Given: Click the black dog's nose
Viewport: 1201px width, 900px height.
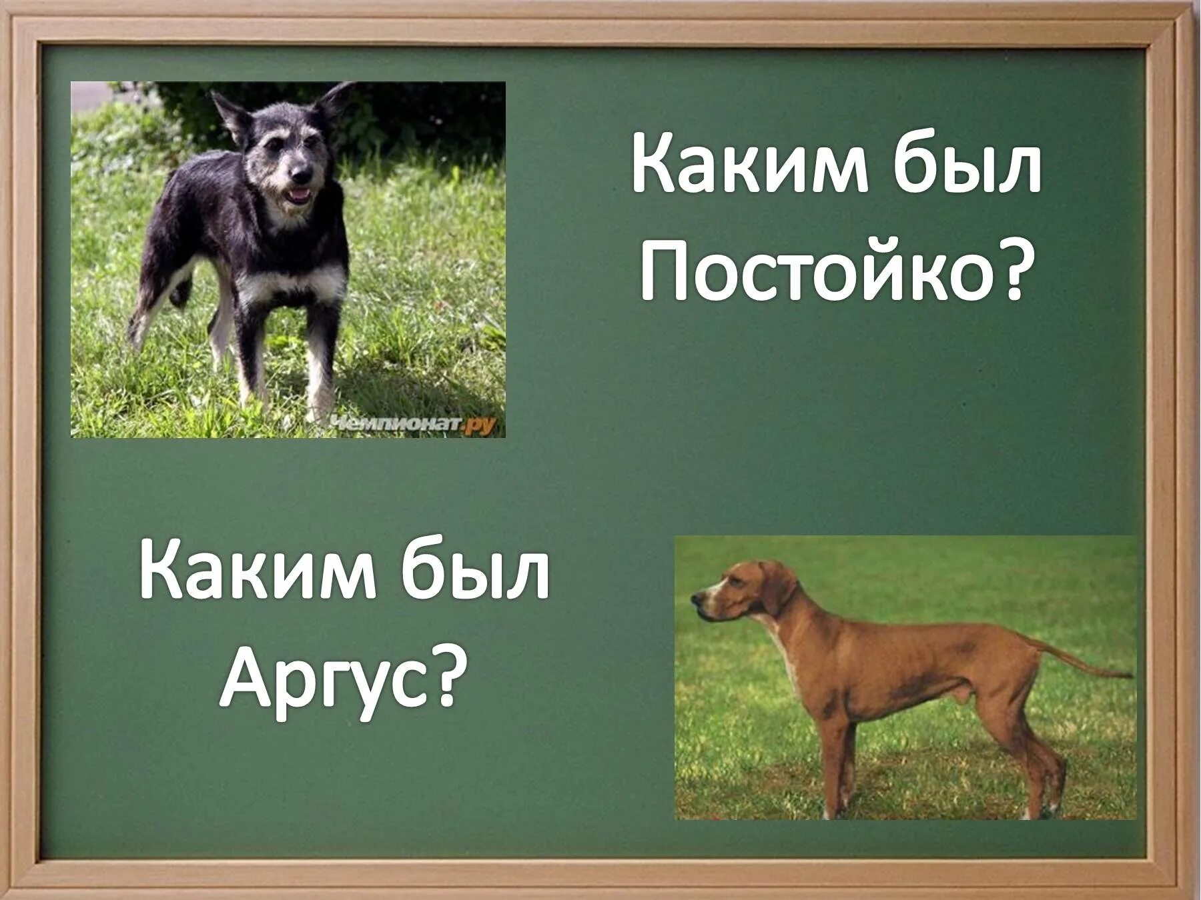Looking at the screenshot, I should pos(302,174).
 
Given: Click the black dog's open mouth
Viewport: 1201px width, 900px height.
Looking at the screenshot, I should pos(298,195).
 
